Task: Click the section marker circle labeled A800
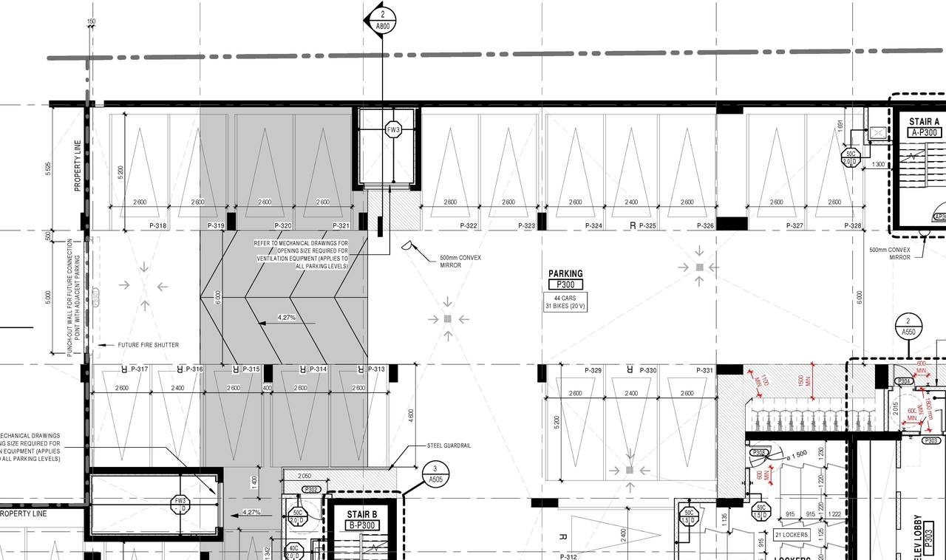pyautogui.click(x=383, y=19)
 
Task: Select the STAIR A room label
pyautogui.click(x=916, y=122)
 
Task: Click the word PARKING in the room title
pyautogui.click(x=565, y=273)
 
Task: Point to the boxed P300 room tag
pyautogui.click(x=565, y=284)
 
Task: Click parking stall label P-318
pyautogui.click(x=157, y=225)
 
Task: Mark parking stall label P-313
pyautogui.click(x=375, y=369)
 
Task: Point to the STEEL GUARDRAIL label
pyautogui.click(x=449, y=445)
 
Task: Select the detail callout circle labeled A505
pyautogui.click(x=436, y=474)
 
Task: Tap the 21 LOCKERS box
pyautogui.click(x=791, y=534)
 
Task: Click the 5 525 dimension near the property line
pyautogui.click(x=48, y=168)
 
